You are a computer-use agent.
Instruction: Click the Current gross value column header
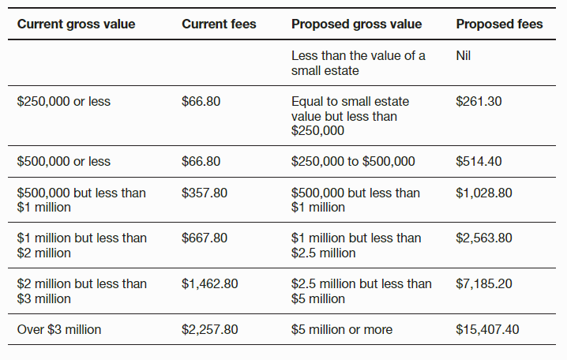(x=76, y=24)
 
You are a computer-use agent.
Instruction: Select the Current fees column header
(x=219, y=24)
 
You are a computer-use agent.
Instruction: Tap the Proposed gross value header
(x=356, y=24)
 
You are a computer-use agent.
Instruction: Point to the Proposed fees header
(x=499, y=24)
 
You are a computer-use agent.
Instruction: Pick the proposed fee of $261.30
(x=479, y=102)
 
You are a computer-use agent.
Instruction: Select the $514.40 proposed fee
(x=479, y=161)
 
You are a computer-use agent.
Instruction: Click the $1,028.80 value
(x=484, y=193)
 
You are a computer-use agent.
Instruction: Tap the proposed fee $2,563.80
(x=484, y=238)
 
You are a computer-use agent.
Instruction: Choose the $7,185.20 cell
(x=484, y=283)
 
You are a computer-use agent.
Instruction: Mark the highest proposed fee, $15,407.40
(x=487, y=329)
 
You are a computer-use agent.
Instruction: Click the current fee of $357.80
(x=204, y=193)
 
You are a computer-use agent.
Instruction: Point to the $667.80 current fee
(x=204, y=238)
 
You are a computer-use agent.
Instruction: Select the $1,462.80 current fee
(x=209, y=283)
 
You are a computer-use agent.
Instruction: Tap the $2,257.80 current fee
(x=209, y=329)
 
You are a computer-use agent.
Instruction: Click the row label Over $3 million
(x=59, y=329)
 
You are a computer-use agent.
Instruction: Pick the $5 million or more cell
(x=341, y=329)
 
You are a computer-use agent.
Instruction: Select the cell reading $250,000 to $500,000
(x=353, y=161)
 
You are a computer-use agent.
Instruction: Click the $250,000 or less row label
(x=63, y=102)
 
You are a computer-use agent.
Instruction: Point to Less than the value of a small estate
(x=358, y=62)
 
